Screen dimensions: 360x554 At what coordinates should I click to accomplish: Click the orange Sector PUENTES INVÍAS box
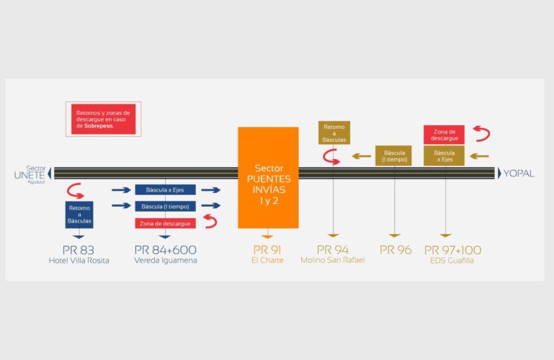(268, 178)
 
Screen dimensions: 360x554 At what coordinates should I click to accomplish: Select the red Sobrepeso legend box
(103, 119)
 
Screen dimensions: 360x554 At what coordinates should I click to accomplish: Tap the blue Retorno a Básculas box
(79, 215)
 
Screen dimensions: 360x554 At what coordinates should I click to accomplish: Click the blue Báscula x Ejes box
(164, 190)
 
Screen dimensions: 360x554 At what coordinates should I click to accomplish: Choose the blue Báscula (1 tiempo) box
(164, 207)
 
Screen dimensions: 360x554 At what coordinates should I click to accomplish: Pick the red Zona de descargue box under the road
(164, 223)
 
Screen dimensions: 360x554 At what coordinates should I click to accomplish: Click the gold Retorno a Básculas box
(334, 132)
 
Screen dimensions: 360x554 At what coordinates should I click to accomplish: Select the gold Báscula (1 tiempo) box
(393, 156)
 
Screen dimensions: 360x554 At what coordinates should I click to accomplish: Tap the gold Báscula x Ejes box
(444, 156)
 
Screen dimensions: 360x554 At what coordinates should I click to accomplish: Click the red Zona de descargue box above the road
(444, 134)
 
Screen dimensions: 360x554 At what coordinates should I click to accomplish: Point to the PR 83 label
(79, 250)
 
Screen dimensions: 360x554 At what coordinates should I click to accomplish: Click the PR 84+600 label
(165, 250)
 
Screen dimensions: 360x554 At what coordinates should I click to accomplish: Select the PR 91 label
(267, 250)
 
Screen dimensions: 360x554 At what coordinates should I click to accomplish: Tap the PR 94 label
(333, 250)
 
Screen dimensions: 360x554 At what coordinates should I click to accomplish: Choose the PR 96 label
(395, 250)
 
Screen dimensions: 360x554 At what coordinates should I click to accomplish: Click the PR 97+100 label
(452, 250)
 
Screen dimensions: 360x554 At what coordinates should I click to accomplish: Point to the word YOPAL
(519, 174)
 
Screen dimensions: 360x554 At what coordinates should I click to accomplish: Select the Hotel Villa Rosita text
(79, 261)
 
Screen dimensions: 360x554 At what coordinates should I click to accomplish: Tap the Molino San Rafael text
(333, 261)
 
